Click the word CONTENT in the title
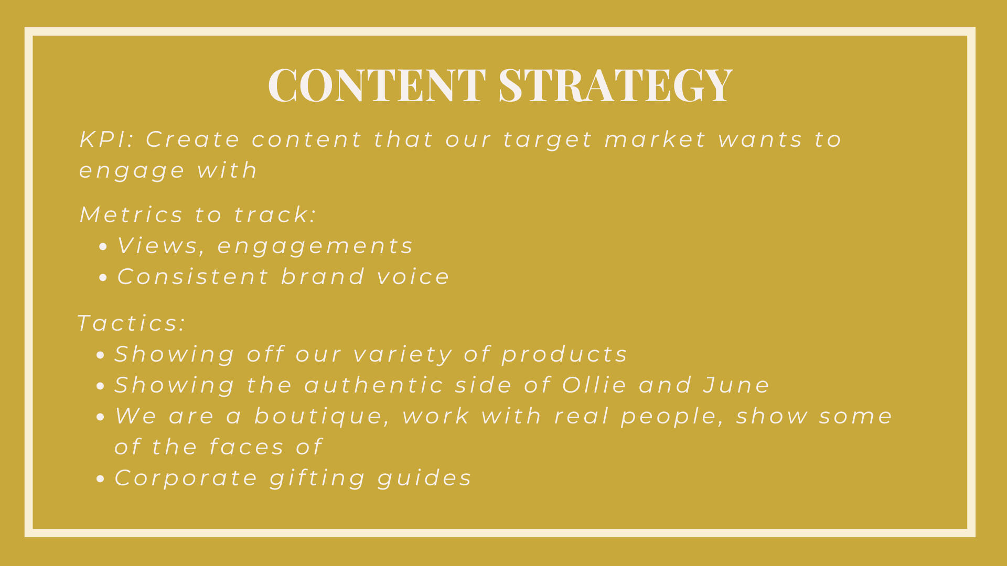point(377,84)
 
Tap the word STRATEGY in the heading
point(615,84)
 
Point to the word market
point(656,139)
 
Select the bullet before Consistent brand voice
point(103,278)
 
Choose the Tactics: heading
point(131,323)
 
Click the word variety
point(403,355)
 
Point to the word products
point(564,355)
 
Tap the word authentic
point(374,385)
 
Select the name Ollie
point(595,385)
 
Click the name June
point(736,385)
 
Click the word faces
point(247,447)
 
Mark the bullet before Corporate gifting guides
point(101,479)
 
